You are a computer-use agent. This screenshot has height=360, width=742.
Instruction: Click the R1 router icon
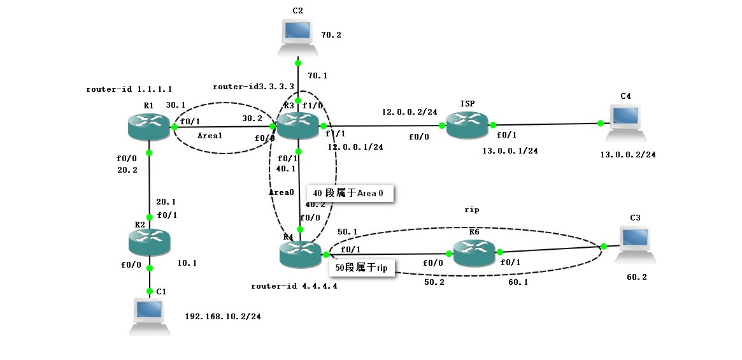coord(148,127)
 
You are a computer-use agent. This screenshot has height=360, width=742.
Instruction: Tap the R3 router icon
coord(296,126)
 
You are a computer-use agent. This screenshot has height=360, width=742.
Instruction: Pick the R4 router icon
coord(300,254)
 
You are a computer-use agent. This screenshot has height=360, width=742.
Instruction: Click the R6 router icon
coord(473,253)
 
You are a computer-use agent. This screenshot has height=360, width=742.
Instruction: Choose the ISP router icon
coord(467,124)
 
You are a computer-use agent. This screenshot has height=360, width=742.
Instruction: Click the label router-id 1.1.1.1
coord(129,89)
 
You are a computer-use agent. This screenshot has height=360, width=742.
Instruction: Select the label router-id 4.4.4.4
coord(294,286)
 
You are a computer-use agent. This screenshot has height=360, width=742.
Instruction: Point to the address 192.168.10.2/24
coord(222,316)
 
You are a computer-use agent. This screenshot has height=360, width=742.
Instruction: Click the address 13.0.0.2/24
coord(627,154)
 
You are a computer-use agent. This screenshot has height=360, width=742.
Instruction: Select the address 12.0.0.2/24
coord(410,112)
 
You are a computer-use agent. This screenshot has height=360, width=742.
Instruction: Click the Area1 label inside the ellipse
coord(210,136)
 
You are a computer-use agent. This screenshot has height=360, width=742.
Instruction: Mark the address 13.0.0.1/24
coord(510,151)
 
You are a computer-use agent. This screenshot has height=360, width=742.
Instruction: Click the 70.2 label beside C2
coord(331,35)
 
